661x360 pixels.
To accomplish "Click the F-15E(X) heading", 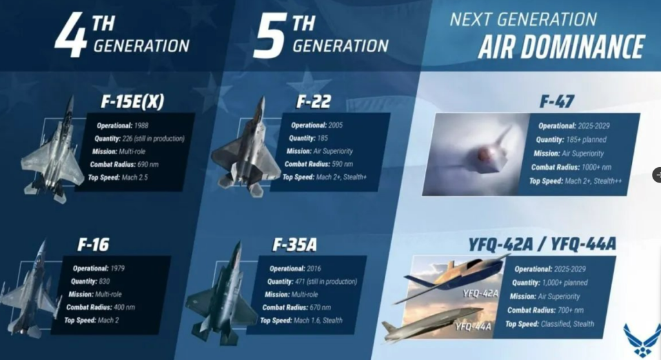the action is point(132,101).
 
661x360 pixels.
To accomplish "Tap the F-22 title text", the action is point(314,101).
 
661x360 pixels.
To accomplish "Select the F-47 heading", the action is point(557,101).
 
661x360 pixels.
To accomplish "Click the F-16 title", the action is point(93,245).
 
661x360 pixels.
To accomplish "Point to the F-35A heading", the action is point(294,245).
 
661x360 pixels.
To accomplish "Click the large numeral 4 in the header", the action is point(70,35).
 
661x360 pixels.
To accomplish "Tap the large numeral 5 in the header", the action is point(270,35).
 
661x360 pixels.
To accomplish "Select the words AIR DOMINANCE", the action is point(561,46).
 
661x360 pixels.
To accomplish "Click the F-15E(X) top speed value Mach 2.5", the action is point(135,177).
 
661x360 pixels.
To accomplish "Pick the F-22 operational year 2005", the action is point(336,125).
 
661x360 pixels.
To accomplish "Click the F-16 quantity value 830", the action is point(104,281).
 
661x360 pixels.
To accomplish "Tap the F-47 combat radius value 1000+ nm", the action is point(596,167).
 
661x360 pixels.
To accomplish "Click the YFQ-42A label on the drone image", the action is point(480,293).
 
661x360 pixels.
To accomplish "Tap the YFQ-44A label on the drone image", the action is point(473,326).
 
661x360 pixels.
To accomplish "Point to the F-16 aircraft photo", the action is point(30,291).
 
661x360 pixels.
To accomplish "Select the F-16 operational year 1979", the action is point(117,268).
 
